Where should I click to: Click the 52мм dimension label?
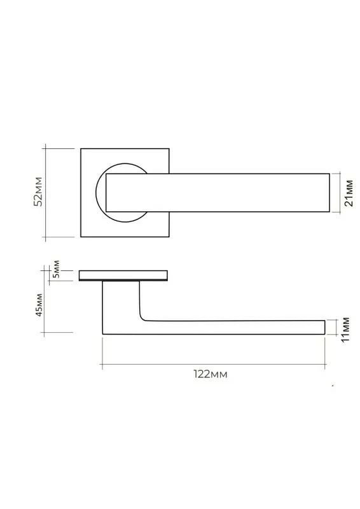click(x=39, y=192)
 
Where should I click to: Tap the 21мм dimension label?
click(x=349, y=193)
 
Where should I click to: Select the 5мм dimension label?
click(x=56, y=268)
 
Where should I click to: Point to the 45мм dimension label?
click(x=39, y=305)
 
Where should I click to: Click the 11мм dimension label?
click(x=346, y=329)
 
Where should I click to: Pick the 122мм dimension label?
click(x=211, y=374)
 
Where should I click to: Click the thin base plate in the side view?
click(x=123, y=275)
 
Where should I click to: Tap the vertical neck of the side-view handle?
click(x=121, y=300)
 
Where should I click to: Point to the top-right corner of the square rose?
click(x=169, y=149)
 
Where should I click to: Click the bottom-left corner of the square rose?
click(x=81, y=237)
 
